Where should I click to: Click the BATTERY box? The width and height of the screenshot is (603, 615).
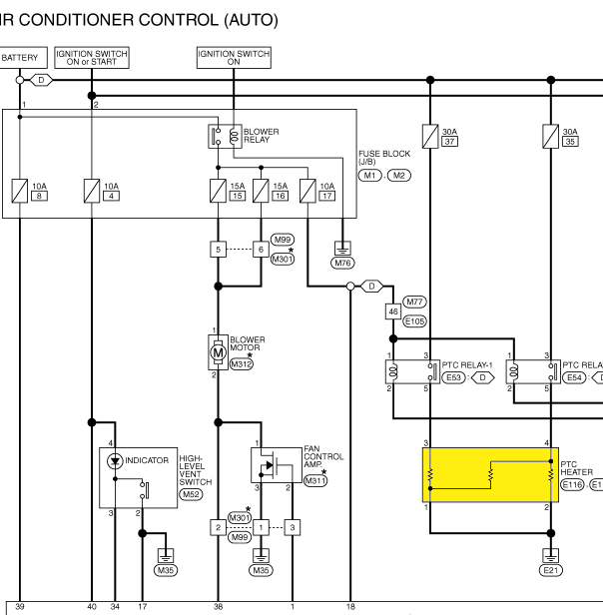(23, 58)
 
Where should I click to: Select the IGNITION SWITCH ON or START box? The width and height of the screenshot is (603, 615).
(92, 58)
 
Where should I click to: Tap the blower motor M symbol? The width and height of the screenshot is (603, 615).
(218, 352)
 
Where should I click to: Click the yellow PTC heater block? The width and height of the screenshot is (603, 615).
(490, 474)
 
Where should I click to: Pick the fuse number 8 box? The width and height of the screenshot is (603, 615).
(39, 196)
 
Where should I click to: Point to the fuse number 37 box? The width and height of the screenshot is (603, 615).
(449, 141)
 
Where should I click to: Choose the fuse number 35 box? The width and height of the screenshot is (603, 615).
(570, 141)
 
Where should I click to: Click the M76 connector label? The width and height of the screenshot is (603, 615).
(342, 263)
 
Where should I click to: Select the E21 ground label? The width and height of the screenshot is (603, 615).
(551, 570)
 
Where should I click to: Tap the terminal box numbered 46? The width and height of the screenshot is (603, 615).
(393, 311)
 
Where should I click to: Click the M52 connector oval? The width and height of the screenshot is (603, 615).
(191, 494)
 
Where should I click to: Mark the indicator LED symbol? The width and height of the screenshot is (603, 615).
(115, 461)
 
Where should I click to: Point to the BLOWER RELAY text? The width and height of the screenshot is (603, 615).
(261, 136)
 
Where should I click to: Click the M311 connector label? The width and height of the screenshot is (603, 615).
(315, 481)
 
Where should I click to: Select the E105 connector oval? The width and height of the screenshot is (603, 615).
(414, 321)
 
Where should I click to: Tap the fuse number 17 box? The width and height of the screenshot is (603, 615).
(327, 196)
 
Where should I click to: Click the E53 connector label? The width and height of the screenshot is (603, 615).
(453, 377)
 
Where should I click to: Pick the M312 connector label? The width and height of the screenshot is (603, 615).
(242, 364)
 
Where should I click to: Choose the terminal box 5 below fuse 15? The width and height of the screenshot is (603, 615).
(218, 250)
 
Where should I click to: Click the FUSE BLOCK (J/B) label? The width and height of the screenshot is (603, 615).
(384, 158)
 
